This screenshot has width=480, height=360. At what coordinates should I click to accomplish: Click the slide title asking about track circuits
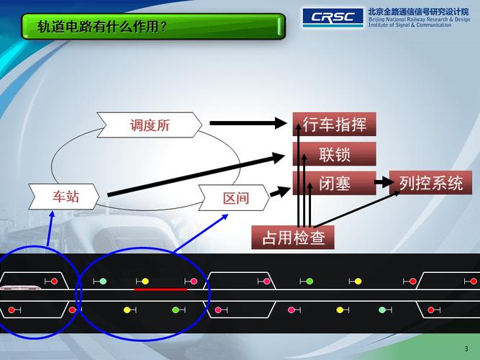pos(103,27)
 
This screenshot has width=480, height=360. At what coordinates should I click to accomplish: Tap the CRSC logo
pos(332,16)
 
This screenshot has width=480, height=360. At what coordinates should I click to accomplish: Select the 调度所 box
pos(150,125)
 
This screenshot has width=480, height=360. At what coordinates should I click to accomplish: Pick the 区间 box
pos(235,198)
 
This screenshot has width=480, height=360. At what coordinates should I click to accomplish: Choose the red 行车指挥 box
pos(335,125)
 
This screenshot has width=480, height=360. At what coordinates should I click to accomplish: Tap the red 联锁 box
pos(335,154)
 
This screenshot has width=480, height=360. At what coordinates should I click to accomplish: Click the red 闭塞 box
pos(335,183)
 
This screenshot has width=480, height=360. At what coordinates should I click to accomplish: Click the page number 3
pos(466,348)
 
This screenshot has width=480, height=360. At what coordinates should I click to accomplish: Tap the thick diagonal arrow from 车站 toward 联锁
pos(194,174)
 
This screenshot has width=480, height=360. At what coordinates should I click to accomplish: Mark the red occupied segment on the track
pos(160,289)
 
